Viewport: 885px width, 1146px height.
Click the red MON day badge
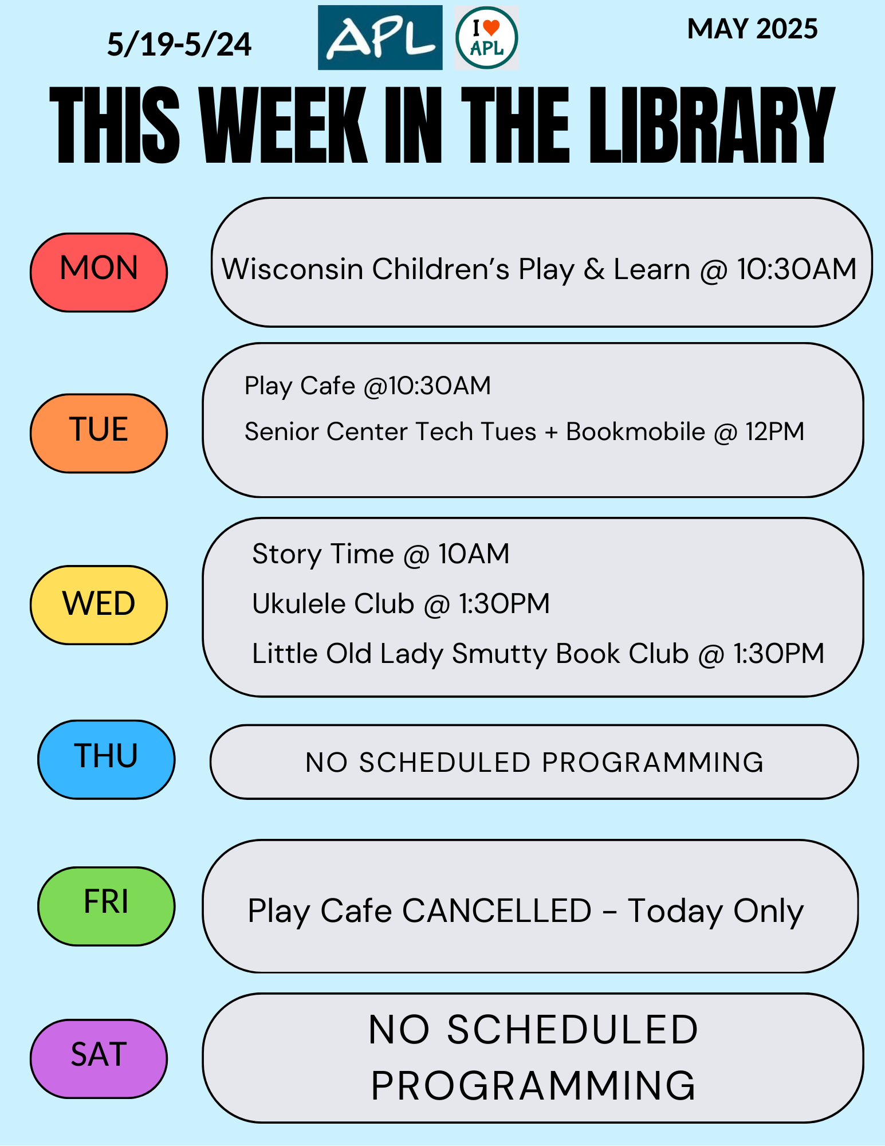(99, 272)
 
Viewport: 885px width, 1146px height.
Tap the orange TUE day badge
(99, 433)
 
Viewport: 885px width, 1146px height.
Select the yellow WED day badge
(99, 605)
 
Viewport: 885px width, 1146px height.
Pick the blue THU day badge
(106, 760)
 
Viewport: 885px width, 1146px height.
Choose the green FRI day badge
(106, 906)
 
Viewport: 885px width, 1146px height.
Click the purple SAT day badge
(99, 1059)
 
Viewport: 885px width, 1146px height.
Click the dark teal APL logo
(380, 38)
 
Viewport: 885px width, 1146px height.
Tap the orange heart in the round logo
(491, 27)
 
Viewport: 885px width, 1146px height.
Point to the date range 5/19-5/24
(179, 45)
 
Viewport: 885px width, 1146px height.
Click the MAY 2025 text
(753, 29)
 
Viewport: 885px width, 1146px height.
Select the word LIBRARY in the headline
(712, 125)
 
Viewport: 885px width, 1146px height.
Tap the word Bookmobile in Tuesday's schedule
(635, 431)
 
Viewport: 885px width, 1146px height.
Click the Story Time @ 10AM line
(381, 554)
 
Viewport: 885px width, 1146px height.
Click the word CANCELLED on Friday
(497, 910)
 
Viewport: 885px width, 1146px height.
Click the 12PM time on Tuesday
(775, 431)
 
